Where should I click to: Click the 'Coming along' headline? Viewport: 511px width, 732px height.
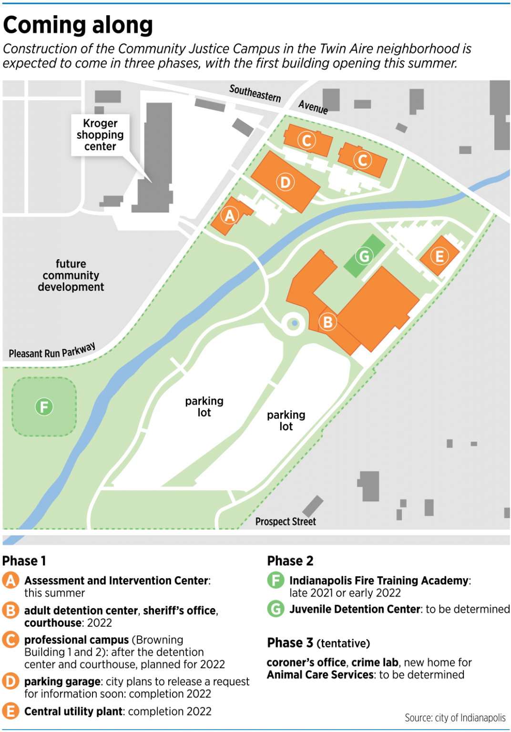[x=78, y=25]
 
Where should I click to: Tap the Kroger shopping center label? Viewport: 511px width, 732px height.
[x=100, y=135]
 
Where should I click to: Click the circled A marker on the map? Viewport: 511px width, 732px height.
[x=230, y=216]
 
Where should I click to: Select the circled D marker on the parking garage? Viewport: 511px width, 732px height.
[x=285, y=182]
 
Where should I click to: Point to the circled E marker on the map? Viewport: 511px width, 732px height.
[x=439, y=256]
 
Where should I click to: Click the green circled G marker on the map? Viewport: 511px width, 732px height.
[x=365, y=256]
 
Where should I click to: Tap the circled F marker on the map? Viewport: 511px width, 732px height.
[x=44, y=407]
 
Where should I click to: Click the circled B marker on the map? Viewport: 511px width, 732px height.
[x=327, y=322]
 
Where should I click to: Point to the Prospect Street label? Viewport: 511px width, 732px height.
[x=286, y=521]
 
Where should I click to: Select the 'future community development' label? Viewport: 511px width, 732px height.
[x=71, y=275]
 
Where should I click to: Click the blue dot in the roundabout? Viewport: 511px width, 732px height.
[x=295, y=324]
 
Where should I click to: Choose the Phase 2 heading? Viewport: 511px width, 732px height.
[x=290, y=561]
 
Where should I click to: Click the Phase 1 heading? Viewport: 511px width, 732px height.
[x=24, y=561]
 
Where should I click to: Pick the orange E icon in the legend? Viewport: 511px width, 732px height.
[x=10, y=711]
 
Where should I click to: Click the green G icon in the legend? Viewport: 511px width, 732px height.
[x=276, y=609]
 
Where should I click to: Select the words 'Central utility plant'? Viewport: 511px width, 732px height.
[x=74, y=712]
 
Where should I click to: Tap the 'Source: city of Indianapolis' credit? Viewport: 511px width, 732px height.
[x=455, y=718]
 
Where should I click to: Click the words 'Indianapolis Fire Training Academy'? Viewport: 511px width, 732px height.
[x=379, y=580]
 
